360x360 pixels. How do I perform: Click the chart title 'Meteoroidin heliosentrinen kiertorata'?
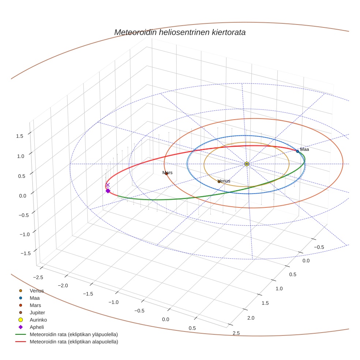point(180,32)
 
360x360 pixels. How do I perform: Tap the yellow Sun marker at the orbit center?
point(247,164)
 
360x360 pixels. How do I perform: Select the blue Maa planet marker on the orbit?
point(297,151)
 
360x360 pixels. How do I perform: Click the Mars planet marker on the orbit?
point(166,173)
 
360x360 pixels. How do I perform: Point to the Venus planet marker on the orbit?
point(219,181)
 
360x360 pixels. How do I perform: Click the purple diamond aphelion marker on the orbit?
point(108,191)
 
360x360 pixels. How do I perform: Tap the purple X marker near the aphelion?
point(108,185)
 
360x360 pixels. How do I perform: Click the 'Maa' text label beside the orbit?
point(305,149)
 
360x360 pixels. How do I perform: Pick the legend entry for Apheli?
point(37,327)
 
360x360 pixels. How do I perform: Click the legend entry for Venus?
point(37,291)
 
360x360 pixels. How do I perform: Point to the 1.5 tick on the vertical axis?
point(20,136)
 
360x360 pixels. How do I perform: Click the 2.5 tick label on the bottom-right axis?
point(236,333)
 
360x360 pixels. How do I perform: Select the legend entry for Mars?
point(35,305)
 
